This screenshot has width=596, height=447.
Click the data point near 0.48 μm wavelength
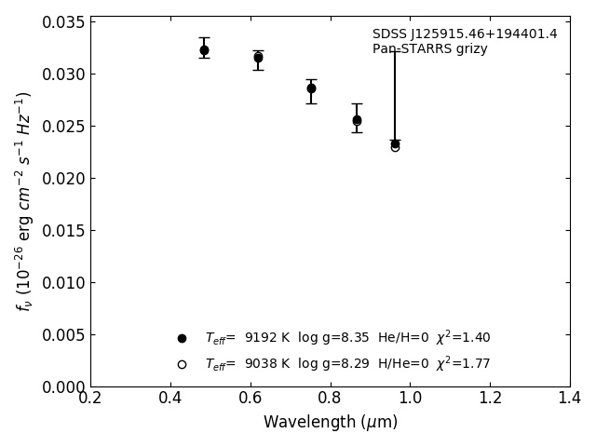tap(204, 50)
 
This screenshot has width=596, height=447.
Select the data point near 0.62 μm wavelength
tap(258, 58)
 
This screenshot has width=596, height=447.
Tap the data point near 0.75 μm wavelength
tap(311, 88)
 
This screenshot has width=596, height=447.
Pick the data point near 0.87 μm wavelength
tap(357, 120)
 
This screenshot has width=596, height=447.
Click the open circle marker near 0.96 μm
tap(395, 146)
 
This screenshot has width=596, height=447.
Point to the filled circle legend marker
tap(182, 338)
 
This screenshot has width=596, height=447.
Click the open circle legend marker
tap(182, 364)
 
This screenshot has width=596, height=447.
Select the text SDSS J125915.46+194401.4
tap(465, 34)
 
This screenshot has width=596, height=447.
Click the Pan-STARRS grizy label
tap(430, 49)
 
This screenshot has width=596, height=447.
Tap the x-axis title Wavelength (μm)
tap(330, 422)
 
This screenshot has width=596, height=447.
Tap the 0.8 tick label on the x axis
tap(330, 398)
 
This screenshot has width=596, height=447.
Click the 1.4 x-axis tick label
tap(569, 398)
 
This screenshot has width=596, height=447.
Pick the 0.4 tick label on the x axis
tap(169, 398)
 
